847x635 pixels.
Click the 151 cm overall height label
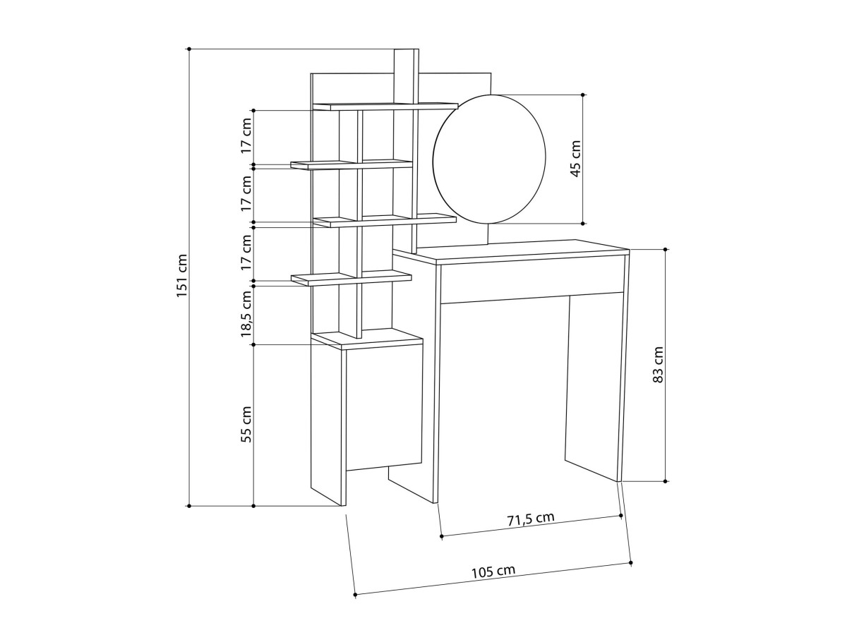tap(181, 275)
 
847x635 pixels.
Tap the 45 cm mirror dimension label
tap(575, 159)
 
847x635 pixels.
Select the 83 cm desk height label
tap(658, 365)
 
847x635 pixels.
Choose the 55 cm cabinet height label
tap(246, 424)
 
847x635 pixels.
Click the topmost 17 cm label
tap(246, 135)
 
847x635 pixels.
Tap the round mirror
tap(489, 159)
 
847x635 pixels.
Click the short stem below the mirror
tap(489, 234)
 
